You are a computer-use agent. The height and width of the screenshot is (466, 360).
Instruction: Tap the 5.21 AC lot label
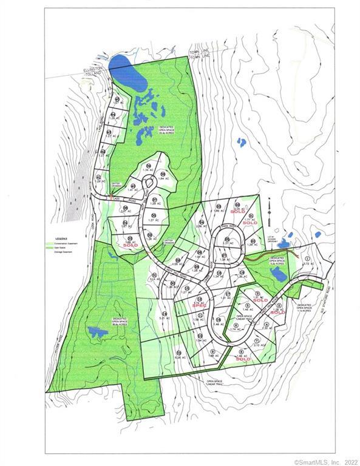pos(165,317)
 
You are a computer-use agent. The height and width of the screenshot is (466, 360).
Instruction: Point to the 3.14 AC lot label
pos(154,280)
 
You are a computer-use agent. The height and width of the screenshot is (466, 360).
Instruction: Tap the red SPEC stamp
pos(200,305)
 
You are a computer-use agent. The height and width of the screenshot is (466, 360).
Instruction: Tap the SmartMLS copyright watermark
pos(327,462)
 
